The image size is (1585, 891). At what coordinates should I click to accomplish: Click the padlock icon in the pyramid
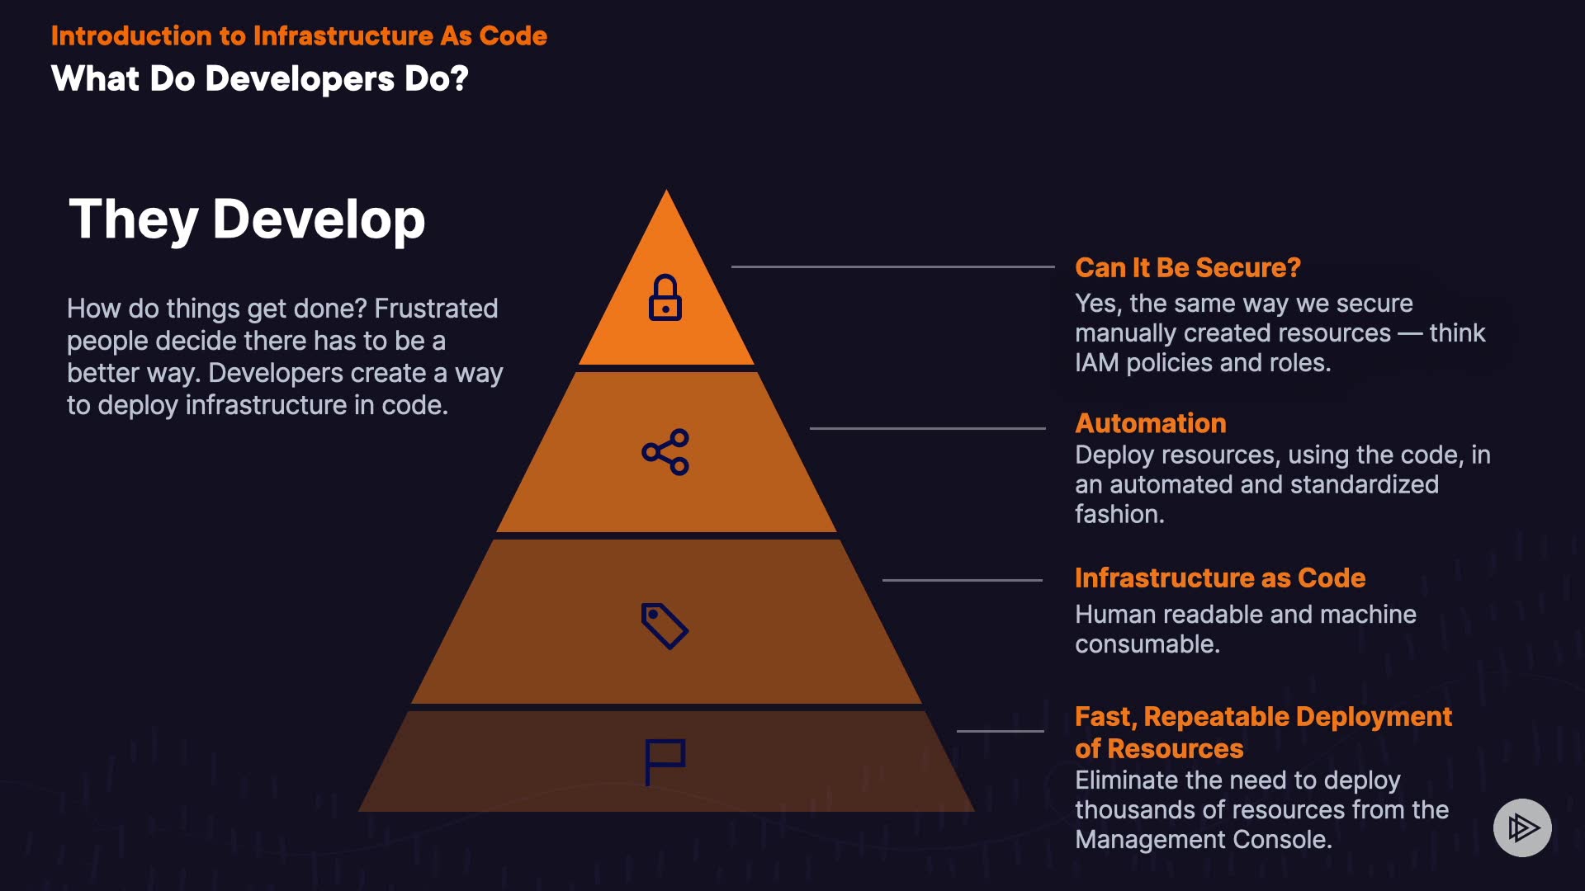coord(665,298)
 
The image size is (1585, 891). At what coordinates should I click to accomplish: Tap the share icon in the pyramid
coord(665,452)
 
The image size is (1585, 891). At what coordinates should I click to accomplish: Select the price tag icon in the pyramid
coord(665,626)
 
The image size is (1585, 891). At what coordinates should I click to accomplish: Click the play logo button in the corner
coord(1522,827)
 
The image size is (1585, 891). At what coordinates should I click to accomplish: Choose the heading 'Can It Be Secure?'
coord(1187,268)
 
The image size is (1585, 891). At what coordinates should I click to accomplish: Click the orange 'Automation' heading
coord(1150,423)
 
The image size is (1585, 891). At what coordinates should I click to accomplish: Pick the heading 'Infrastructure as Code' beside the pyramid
coord(1219,578)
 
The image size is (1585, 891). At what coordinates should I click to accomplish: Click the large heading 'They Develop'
coord(247,219)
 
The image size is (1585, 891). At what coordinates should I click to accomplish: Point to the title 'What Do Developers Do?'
coord(259,79)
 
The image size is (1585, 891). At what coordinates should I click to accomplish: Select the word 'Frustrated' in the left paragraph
coord(436,309)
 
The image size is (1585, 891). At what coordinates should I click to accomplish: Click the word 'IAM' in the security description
coord(1096,363)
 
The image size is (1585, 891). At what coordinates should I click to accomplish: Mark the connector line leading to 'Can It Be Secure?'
coord(892,266)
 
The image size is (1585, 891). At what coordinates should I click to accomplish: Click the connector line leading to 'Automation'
coord(927,428)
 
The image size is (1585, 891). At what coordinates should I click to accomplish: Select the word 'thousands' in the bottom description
coord(1135,810)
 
